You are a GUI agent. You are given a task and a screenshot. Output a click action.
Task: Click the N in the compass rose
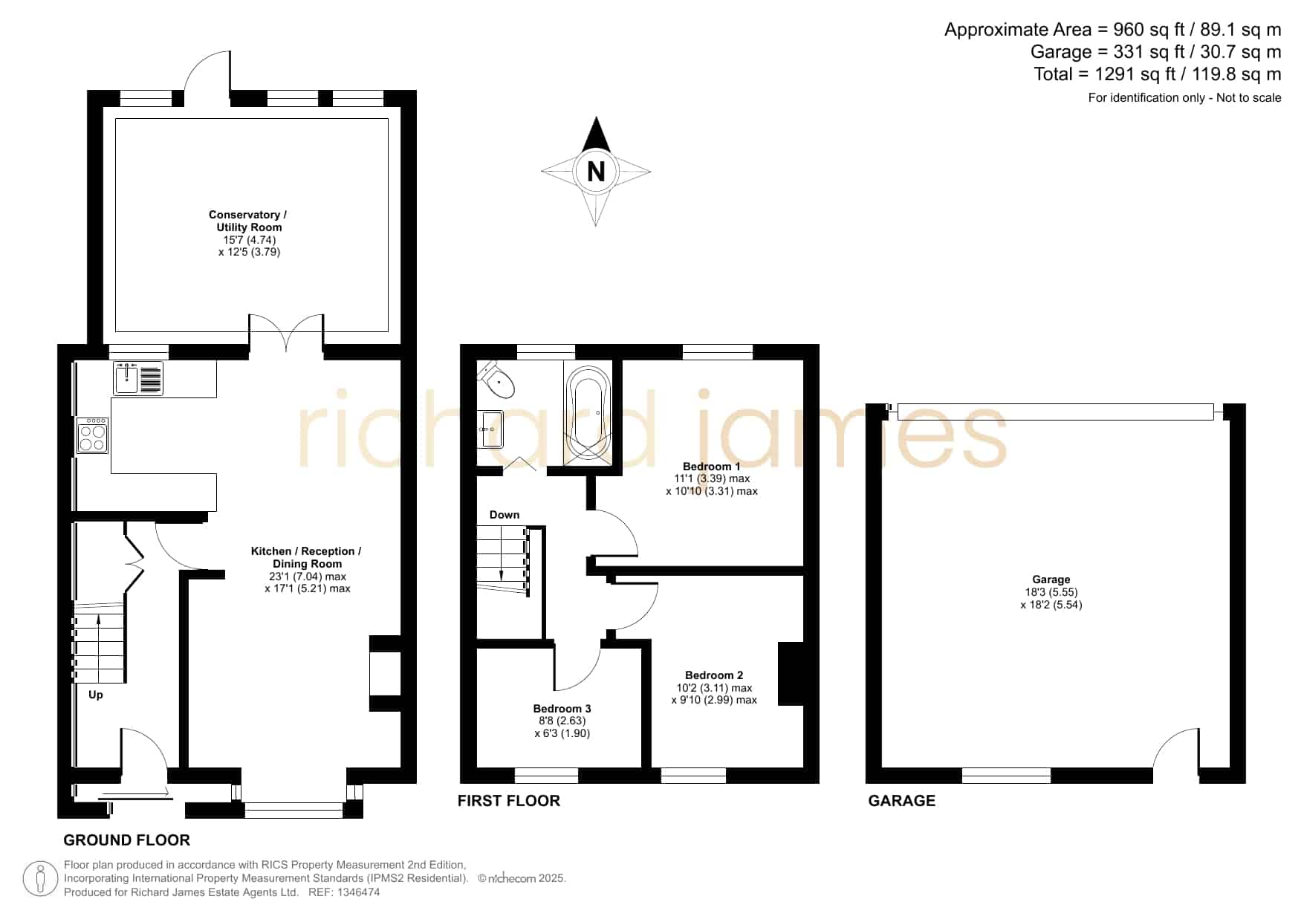click(x=596, y=172)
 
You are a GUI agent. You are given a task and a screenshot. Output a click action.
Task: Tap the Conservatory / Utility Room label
click(x=247, y=221)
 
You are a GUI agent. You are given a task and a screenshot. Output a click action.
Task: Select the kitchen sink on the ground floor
click(x=138, y=378)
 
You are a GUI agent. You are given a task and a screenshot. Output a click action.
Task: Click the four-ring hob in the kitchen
click(x=93, y=435)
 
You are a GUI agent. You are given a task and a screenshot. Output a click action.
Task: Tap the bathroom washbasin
click(x=490, y=429)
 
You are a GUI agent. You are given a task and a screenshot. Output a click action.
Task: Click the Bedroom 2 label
click(x=714, y=675)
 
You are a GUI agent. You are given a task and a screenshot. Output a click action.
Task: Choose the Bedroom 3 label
click(x=562, y=709)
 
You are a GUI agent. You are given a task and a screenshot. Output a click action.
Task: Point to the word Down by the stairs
click(x=505, y=515)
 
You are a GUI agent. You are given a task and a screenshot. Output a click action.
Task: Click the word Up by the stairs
click(x=96, y=695)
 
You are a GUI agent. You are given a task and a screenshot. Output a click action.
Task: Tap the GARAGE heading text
click(x=902, y=800)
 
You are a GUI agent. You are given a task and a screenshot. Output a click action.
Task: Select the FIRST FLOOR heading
click(x=509, y=800)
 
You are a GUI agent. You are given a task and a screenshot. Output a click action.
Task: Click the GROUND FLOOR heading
click(x=127, y=840)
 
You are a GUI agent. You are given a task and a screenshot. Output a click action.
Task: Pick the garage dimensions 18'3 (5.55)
click(x=1051, y=592)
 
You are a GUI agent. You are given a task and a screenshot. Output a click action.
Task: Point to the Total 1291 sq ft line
click(x=1158, y=74)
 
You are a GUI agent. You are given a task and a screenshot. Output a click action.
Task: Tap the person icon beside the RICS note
click(x=41, y=879)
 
